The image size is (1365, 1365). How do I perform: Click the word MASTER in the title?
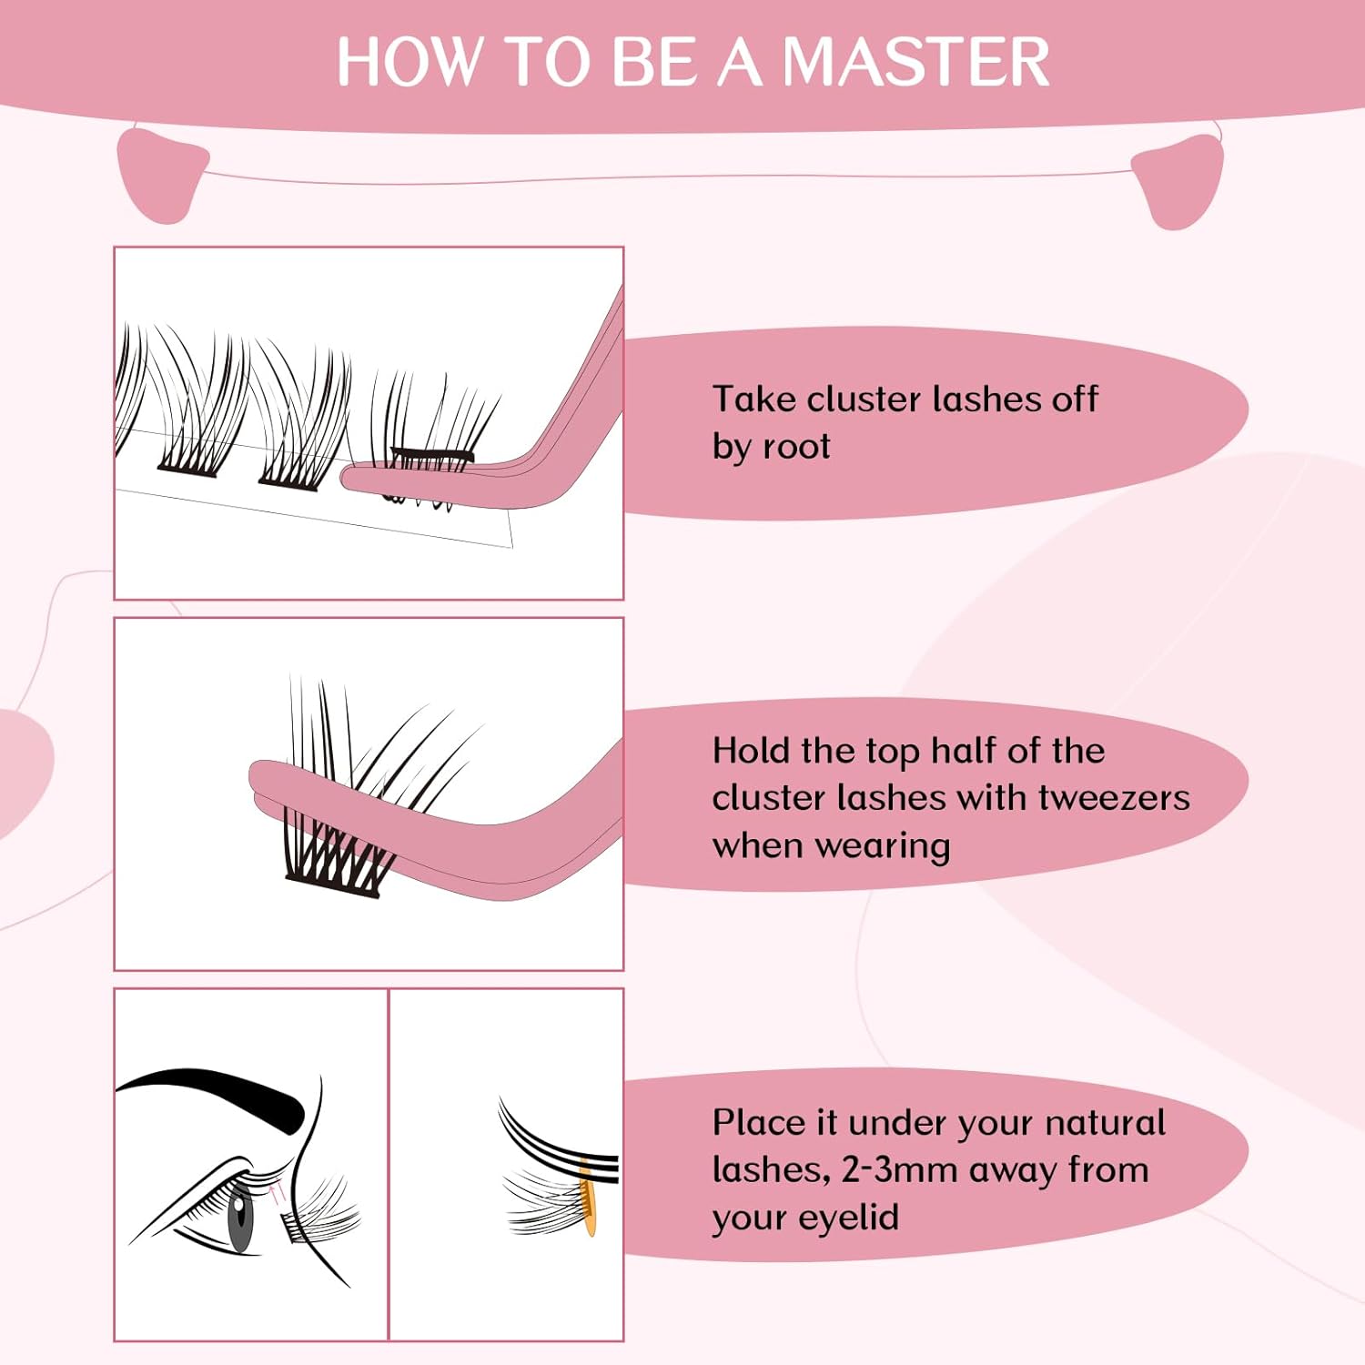[915, 62]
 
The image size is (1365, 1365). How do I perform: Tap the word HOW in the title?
[408, 62]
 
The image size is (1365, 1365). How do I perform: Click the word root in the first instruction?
[796, 447]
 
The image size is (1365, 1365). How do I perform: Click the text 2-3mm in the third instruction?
[900, 1170]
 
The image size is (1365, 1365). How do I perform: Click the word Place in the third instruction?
[758, 1123]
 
